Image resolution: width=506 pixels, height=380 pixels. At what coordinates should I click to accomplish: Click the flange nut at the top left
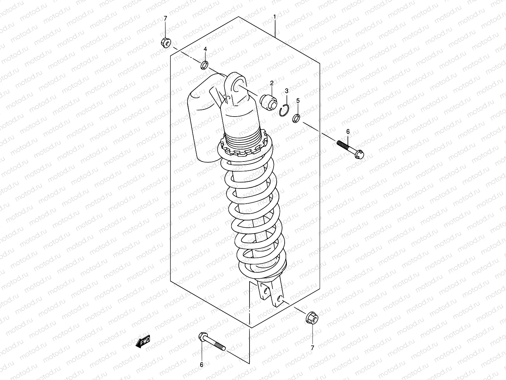pyautogui.click(x=166, y=42)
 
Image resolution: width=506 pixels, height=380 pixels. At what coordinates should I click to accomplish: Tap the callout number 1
pyautogui.click(x=275, y=16)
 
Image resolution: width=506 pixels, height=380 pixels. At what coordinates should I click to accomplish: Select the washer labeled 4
pyautogui.click(x=204, y=66)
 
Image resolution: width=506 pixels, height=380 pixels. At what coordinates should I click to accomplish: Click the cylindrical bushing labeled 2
pyautogui.click(x=268, y=102)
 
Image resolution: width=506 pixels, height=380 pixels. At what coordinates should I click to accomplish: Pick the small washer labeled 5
pyautogui.click(x=297, y=118)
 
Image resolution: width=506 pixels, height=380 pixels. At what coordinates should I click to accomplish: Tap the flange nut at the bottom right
pyautogui.click(x=312, y=317)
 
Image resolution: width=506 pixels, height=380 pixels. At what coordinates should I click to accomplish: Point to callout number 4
pyautogui.click(x=205, y=49)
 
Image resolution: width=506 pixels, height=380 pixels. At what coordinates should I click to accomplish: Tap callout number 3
pyautogui.click(x=287, y=91)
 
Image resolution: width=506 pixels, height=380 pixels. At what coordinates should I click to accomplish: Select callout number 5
pyautogui.click(x=298, y=101)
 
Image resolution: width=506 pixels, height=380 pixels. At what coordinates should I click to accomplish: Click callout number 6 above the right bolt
pyautogui.click(x=348, y=131)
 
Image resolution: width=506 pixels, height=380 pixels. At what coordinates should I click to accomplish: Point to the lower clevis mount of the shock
pyautogui.click(x=271, y=294)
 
